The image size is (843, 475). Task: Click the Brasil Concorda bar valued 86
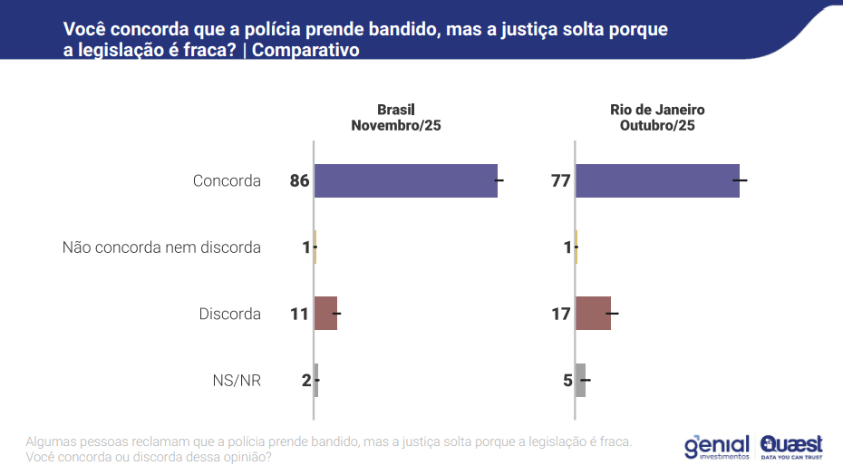(405, 180)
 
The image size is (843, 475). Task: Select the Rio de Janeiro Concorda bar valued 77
(657, 180)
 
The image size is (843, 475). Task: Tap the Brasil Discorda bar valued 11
(325, 314)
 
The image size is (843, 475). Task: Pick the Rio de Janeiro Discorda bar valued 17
(593, 314)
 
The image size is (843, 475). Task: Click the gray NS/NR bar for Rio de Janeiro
(581, 380)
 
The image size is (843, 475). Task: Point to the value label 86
(300, 180)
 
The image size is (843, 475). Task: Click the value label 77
(560, 180)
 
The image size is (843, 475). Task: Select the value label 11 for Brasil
(300, 314)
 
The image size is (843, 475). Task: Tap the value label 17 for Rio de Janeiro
(560, 314)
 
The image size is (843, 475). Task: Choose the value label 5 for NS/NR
(567, 380)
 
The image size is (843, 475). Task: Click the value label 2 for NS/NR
(305, 380)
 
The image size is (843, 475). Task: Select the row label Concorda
(227, 180)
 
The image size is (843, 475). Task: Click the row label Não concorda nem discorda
(161, 247)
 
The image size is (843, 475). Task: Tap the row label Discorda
(229, 314)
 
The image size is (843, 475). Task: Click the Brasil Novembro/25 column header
(396, 118)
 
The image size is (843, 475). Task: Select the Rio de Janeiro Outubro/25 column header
(657, 118)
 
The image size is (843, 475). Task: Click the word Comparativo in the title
(305, 51)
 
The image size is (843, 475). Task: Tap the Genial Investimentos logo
(716, 446)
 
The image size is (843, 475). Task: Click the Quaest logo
(791, 446)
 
